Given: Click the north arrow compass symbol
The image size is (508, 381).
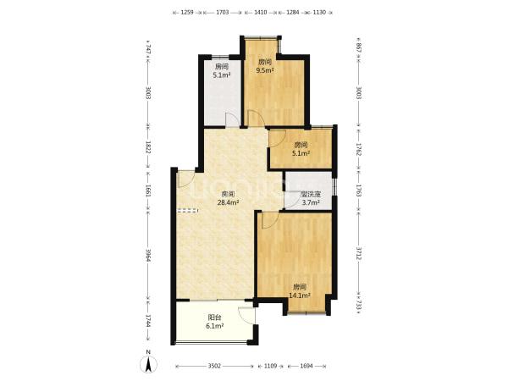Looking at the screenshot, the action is click(x=148, y=364).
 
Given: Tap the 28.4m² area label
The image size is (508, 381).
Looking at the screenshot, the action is click(x=228, y=203).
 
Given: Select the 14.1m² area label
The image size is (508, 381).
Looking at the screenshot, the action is click(x=300, y=295).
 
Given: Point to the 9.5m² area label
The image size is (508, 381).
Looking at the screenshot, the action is click(x=265, y=70).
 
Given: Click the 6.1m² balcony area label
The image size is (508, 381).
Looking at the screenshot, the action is click(x=215, y=326).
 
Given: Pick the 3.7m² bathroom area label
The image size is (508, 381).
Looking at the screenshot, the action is click(x=311, y=203).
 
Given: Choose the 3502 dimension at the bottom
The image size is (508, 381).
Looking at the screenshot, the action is click(x=214, y=366).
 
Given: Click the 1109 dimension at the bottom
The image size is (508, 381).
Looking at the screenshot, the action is click(x=271, y=366).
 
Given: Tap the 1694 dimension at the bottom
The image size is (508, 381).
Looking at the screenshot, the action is click(x=306, y=366).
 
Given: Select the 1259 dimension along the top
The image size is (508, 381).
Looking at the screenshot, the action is click(x=187, y=13).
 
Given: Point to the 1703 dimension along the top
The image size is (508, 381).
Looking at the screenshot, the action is click(x=222, y=13).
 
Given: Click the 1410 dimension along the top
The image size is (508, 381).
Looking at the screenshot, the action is click(x=261, y=13).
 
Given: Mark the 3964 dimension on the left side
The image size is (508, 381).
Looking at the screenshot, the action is click(x=148, y=256).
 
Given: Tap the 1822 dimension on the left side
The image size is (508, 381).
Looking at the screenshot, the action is click(x=148, y=146).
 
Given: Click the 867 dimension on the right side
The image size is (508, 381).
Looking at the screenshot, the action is click(x=359, y=48).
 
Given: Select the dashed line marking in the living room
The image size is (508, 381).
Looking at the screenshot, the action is click(x=188, y=210).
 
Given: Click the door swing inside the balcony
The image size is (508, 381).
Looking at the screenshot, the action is click(x=246, y=315).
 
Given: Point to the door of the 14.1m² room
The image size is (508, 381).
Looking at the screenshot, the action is click(x=269, y=220).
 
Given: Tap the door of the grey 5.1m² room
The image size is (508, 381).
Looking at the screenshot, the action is click(x=232, y=119).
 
